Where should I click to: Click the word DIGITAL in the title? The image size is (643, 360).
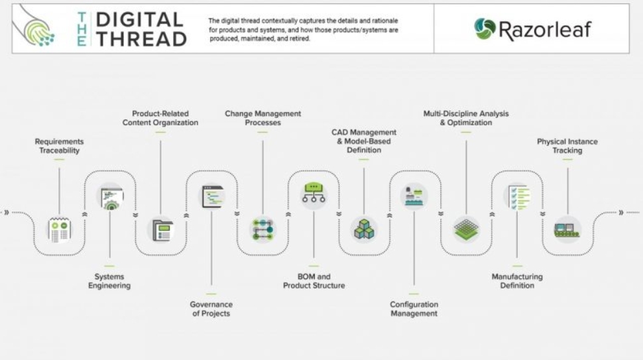(140, 20)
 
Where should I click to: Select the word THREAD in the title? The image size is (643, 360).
(141, 39)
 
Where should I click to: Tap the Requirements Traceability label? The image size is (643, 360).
(59, 146)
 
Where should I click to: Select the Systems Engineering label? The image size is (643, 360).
(110, 281)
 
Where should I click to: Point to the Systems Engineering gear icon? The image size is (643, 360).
(110, 197)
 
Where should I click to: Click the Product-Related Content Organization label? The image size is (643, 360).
(160, 118)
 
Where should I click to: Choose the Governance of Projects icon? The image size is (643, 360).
(212, 197)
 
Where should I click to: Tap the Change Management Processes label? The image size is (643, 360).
(263, 118)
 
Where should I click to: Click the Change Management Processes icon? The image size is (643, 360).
(263, 229)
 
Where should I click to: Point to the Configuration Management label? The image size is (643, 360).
(414, 309)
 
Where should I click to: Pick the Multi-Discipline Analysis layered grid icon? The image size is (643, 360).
(466, 229)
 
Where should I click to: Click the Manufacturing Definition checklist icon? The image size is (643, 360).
(517, 197)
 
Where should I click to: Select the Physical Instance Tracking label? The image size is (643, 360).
(567, 146)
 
